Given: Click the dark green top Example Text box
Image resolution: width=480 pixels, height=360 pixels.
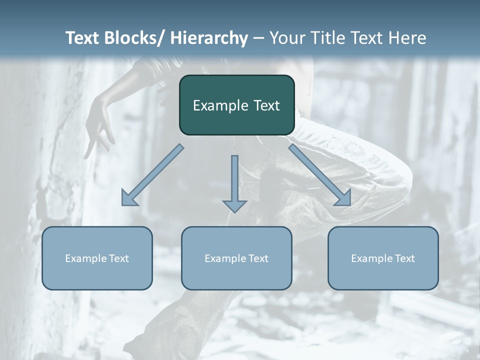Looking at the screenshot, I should pyautogui.click(x=236, y=105).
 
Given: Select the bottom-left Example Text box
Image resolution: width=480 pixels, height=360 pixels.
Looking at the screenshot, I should pyautogui.click(x=97, y=258).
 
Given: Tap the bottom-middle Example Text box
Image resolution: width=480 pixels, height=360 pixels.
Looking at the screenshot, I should pyautogui.click(x=236, y=258).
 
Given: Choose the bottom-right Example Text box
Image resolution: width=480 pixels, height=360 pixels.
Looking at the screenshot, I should pyautogui.click(x=383, y=258).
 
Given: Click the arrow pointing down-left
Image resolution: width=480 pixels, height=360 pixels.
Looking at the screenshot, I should pyautogui.click(x=152, y=175).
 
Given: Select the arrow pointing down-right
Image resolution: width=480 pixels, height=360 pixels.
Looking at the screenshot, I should pyautogui.click(x=320, y=175).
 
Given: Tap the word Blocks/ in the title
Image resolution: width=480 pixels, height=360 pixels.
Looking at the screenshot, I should pyautogui.click(x=135, y=38).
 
